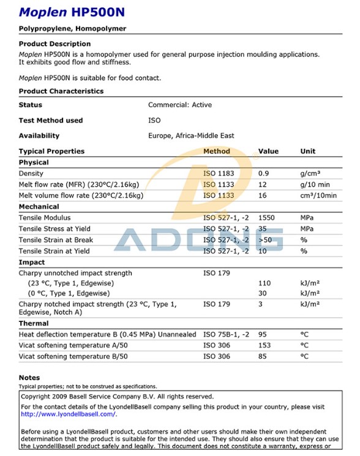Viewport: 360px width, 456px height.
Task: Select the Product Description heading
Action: (x=54, y=44)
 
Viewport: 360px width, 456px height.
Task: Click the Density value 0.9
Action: (x=263, y=174)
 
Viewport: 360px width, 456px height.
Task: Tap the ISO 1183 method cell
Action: (x=219, y=174)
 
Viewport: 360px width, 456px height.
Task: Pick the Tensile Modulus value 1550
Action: (x=267, y=218)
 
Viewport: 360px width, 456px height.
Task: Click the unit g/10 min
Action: (x=315, y=185)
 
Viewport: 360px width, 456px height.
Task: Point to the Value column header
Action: (x=268, y=151)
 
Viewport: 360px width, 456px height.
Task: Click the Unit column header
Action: (x=308, y=151)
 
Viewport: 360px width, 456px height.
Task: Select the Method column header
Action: (x=217, y=151)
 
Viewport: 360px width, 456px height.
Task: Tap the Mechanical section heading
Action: (x=39, y=207)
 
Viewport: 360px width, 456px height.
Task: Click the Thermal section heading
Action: (x=34, y=323)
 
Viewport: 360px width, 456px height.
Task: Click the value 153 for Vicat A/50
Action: (x=264, y=345)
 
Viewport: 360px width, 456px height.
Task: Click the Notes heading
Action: (x=29, y=378)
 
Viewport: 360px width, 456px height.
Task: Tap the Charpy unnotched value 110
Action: (x=264, y=284)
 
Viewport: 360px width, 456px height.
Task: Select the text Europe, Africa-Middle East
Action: (x=191, y=136)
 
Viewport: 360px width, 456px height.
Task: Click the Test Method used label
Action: (x=51, y=121)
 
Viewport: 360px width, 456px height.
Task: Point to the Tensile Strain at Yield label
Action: (x=54, y=251)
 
